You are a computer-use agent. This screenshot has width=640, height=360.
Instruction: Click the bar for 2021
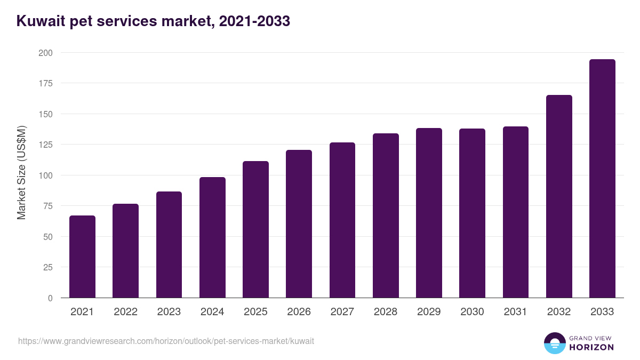(x=82, y=257)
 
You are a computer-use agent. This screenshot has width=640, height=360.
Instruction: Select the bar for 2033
(x=602, y=179)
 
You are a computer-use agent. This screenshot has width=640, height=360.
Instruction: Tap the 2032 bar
(x=559, y=196)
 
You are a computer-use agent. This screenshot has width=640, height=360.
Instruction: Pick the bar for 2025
(x=255, y=229)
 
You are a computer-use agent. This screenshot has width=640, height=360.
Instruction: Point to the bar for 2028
(x=386, y=215)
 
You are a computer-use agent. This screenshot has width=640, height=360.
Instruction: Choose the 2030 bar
(x=472, y=213)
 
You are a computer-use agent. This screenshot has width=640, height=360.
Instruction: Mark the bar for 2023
(x=169, y=244)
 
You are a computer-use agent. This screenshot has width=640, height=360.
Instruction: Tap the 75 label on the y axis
(x=47, y=206)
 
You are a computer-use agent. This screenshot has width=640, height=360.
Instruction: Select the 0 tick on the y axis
(x=50, y=298)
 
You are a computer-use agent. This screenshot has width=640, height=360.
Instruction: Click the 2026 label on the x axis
(x=299, y=312)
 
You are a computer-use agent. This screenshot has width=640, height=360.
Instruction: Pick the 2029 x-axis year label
(x=429, y=312)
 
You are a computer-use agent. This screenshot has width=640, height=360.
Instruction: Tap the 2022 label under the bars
(x=125, y=312)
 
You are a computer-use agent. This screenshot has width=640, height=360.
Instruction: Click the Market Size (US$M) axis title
(x=21, y=173)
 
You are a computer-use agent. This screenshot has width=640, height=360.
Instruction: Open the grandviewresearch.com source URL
(x=166, y=341)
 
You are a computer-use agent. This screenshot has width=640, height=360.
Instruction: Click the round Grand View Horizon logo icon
(x=554, y=343)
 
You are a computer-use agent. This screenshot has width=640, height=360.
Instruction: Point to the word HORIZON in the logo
(x=591, y=347)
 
